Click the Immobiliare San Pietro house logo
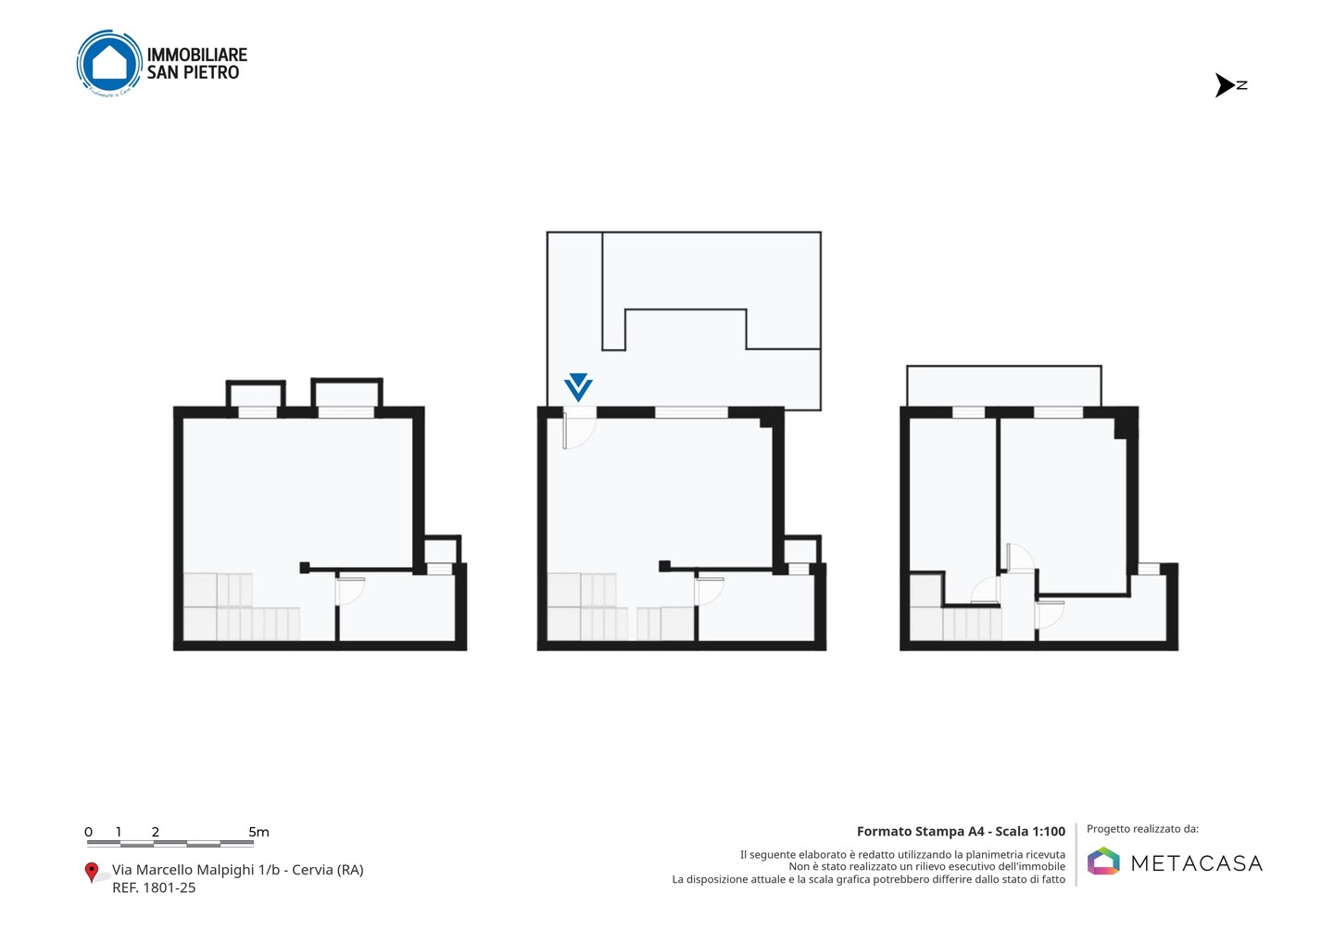point(109,63)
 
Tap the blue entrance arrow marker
point(578,387)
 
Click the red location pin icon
point(91,873)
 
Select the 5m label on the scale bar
point(258,832)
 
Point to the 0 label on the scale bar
point(89,832)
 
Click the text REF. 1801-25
point(154,887)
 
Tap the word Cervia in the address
point(312,870)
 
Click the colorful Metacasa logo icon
point(1103,861)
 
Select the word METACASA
point(1197,863)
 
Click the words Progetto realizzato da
point(1142,829)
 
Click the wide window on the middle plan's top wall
point(691,412)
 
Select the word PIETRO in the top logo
point(211,72)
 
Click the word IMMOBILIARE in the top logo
point(197,55)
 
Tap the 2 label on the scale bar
point(156,832)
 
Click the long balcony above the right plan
point(1003,386)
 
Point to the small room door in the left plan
point(350,591)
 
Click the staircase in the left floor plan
point(241,607)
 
